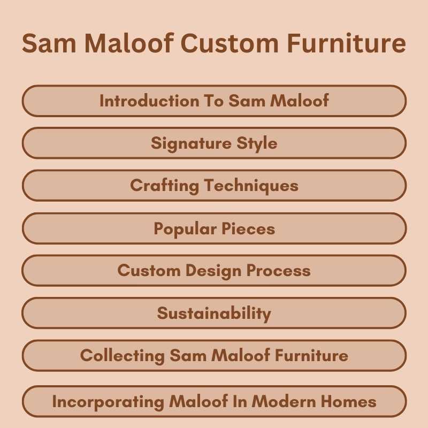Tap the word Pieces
pos(247,229)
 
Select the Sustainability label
pos(214,314)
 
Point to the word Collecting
pos(123,355)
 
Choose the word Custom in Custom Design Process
pos(149,270)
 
